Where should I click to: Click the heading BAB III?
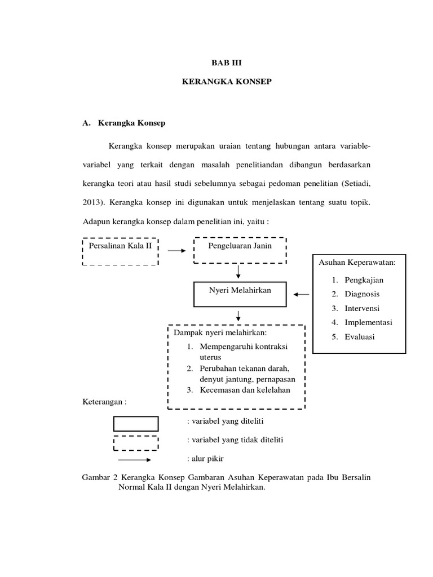pyautogui.click(x=226, y=64)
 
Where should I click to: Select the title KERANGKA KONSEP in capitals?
pyautogui.click(x=226, y=82)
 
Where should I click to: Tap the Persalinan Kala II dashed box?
pyautogui.click(x=120, y=251)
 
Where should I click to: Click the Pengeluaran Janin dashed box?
pyautogui.click(x=240, y=250)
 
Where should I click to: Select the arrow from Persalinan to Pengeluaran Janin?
pyautogui.click(x=176, y=251)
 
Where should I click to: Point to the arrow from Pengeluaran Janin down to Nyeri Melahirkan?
pyautogui.click(x=240, y=272)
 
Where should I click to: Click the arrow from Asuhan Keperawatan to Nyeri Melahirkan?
pyautogui.click(x=302, y=294)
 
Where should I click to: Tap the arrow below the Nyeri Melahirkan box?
pyautogui.click(x=240, y=316)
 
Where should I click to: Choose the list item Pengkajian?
pyautogui.click(x=362, y=279)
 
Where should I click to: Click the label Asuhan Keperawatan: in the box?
pyautogui.click(x=357, y=262)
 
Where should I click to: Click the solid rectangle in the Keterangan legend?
pyautogui.click(x=136, y=423)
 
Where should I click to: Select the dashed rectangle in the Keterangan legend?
pyautogui.click(x=136, y=442)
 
